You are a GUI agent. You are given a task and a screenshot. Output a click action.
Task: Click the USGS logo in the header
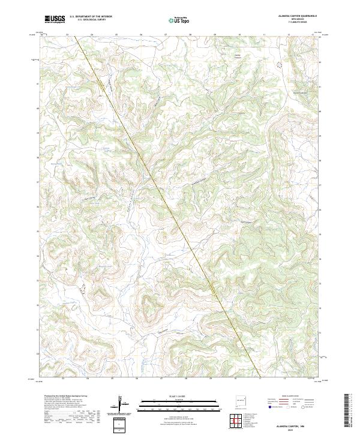pyautogui.click(x=55, y=20)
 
